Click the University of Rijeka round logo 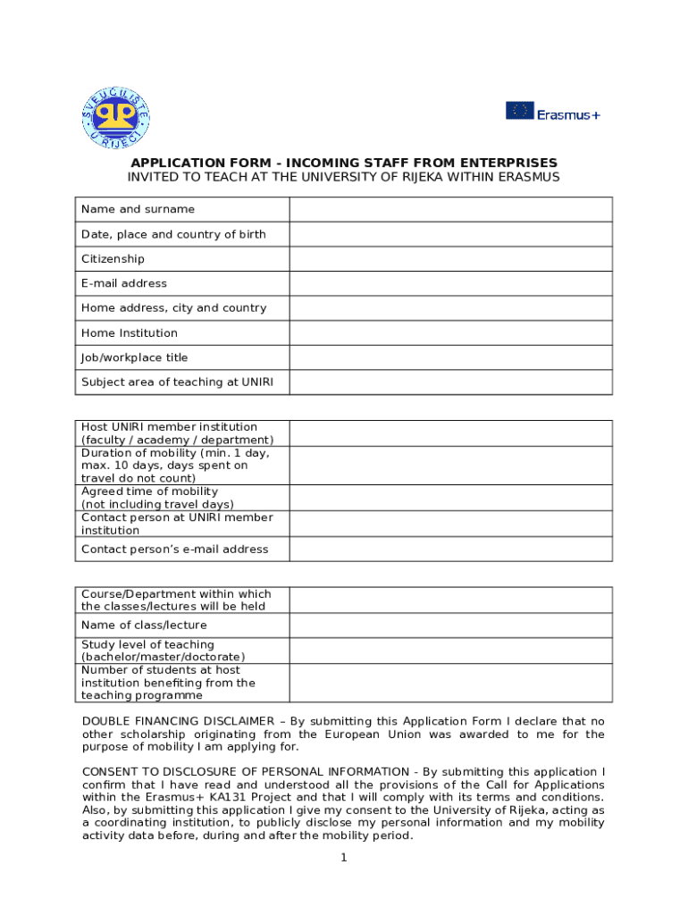(x=116, y=118)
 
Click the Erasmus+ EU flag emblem (x=520, y=111)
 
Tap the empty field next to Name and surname (x=450, y=209)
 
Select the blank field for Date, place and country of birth (x=450, y=234)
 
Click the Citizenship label (x=113, y=259)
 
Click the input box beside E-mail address (x=450, y=283)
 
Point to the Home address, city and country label (x=173, y=308)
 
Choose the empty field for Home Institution (x=450, y=333)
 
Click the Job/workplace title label (x=134, y=357)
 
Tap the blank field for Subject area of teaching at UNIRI (x=450, y=382)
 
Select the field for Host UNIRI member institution (x=450, y=433)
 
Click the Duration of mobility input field (x=450, y=466)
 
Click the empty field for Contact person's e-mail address (x=450, y=549)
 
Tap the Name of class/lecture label (x=144, y=625)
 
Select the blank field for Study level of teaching (x=450, y=651)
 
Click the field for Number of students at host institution (x=450, y=683)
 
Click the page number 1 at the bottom (x=343, y=858)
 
